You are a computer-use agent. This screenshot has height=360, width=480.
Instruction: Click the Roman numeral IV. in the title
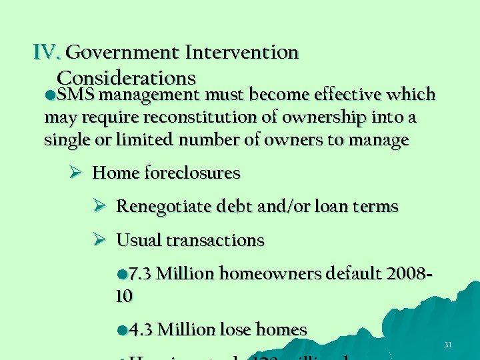tap(47, 52)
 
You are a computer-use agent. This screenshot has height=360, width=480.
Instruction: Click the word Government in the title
tap(124, 52)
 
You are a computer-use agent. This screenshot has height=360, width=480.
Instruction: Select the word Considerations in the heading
tap(126, 78)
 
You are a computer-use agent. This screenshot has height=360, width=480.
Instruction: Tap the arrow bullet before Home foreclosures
tap(75, 173)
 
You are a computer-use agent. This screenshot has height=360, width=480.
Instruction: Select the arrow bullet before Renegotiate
tap(99, 207)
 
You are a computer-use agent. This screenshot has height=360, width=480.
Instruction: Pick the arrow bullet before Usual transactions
tap(99, 240)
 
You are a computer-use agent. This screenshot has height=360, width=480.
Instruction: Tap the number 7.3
tap(139, 274)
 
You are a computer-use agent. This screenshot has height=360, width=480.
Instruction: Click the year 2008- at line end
tap(404, 274)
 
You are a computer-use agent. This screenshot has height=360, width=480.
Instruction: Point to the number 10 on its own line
tap(123, 295)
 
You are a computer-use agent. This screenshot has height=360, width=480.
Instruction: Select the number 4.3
tap(141, 329)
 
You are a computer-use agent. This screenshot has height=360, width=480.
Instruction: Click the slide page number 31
tap(448, 345)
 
